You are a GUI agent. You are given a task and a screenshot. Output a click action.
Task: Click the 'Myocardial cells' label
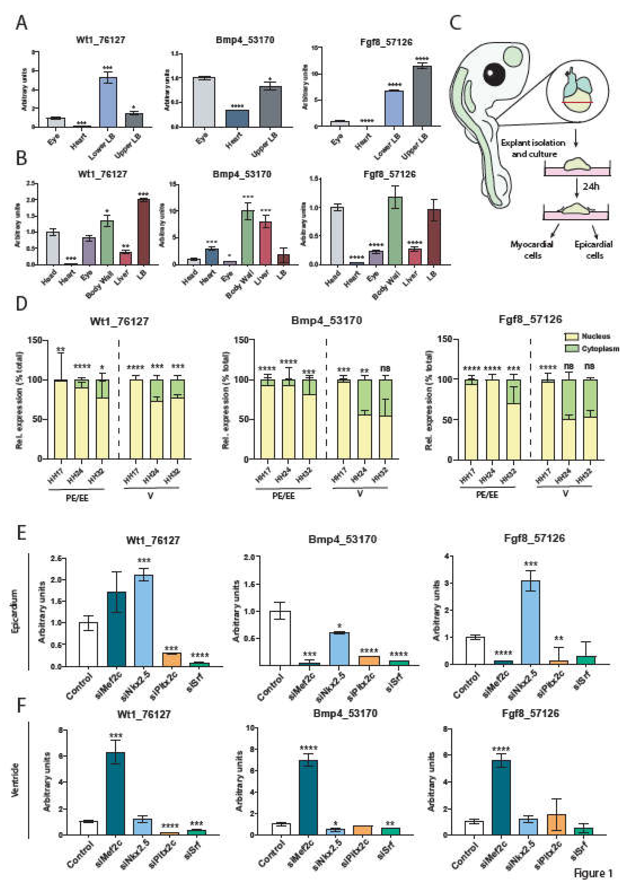click(x=532, y=250)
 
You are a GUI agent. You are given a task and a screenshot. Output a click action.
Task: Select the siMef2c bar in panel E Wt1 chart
click(x=117, y=629)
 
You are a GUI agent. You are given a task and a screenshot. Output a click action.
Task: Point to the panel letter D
click(x=21, y=304)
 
